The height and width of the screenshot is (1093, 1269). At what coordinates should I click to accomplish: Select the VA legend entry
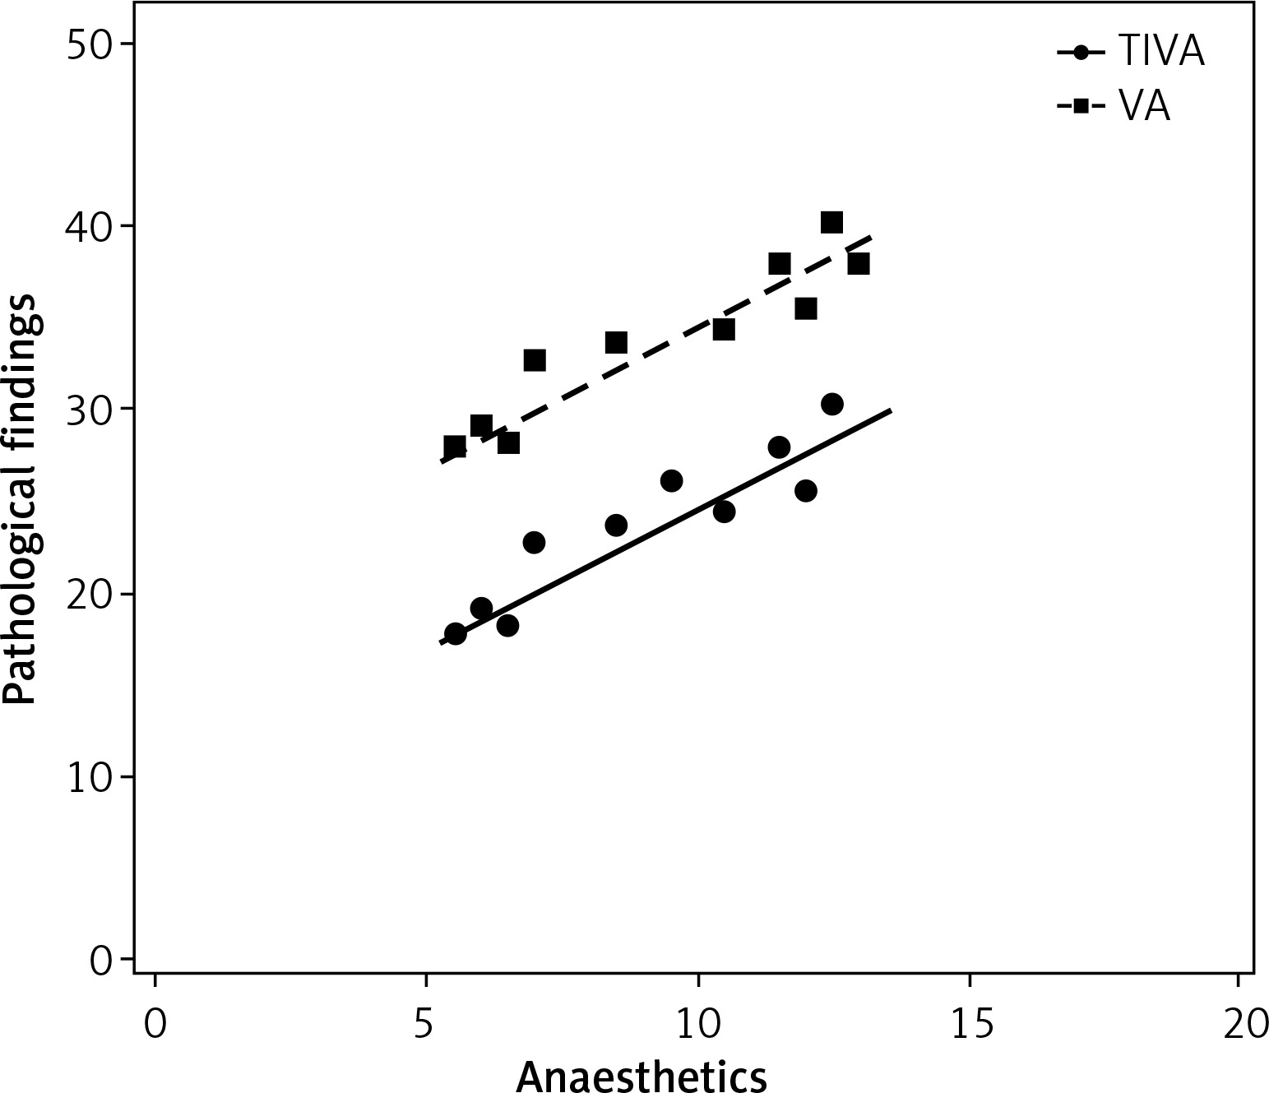coord(1114,107)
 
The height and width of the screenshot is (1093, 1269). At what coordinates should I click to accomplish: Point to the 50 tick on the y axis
coord(90,44)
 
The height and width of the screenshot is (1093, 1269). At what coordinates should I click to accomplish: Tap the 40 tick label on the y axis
coord(90,226)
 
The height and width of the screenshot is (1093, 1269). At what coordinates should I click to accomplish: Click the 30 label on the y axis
coord(90,410)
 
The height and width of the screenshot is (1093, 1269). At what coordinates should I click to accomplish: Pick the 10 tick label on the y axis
coord(90,776)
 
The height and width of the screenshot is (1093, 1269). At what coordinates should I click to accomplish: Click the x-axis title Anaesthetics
coord(641,1076)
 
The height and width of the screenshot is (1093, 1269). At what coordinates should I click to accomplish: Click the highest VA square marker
coord(831,222)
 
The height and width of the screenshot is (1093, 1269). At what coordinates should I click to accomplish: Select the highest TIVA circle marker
coord(831,404)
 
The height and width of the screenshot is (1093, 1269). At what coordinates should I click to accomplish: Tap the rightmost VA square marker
coord(859,263)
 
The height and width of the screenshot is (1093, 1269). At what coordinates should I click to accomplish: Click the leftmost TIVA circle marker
coord(455,633)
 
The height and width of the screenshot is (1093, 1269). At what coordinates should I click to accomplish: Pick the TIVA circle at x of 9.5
coord(671,481)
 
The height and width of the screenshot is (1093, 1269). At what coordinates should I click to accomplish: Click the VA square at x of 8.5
coord(616,342)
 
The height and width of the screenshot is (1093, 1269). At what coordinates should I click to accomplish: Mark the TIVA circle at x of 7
coord(534,543)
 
